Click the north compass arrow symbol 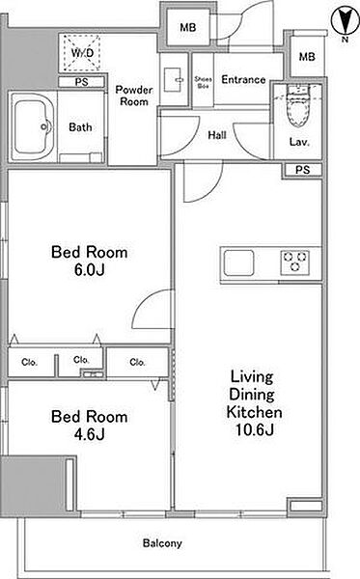(345, 21)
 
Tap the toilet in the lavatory (298, 106)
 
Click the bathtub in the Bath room (33, 126)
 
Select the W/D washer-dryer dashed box (82, 53)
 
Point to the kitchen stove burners (294, 262)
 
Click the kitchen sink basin (239, 262)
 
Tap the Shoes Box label (203, 82)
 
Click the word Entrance (243, 79)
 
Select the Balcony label (162, 543)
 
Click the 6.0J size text (90, 270)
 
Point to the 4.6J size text (90, 434)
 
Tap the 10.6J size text (255, 429)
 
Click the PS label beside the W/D (82, 82)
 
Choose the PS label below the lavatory (302, 170)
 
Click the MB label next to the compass (307, 57)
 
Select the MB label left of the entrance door (188, 27)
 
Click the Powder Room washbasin (173, 79)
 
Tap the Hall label (217, 135)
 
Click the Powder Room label (133, 96)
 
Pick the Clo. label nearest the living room (137, 362)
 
